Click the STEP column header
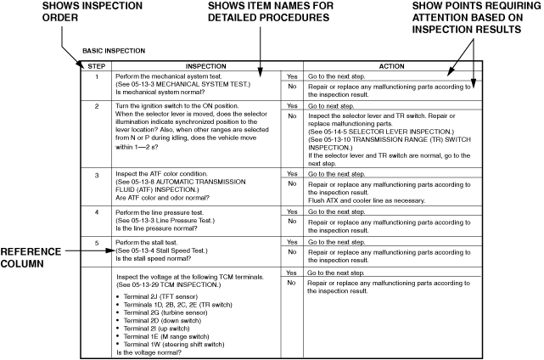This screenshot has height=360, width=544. coord(96,65)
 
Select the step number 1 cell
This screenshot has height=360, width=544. coord(96,76)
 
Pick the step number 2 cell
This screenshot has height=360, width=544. coord(96,105)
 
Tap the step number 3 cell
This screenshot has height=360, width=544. coord(96,173)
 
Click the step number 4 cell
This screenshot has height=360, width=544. coord(96,211)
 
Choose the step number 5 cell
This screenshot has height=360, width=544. coord(96,242)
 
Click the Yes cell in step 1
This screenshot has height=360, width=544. coord(292,76)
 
